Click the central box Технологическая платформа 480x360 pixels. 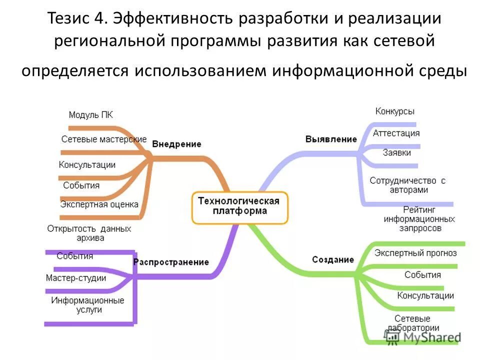click(x=239, y=206)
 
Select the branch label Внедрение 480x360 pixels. click(x=176, y=144)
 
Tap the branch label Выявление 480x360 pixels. click(x=331, y=139)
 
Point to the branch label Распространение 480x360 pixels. click(x=171, y=262)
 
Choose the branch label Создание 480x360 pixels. click(x=333, y=260)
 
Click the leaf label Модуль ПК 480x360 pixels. click(x=91, y=115)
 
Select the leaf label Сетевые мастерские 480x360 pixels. click(x=104, y=139)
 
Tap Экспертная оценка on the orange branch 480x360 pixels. click(x=99, y=204)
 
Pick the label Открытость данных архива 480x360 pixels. click(x=89, y=233)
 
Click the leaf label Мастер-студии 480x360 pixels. click(x=76, y=278)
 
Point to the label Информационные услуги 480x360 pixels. click(x=87, y=305)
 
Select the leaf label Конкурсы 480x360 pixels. click(x=395, y=111)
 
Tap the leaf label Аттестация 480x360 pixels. click(x=396, y=133)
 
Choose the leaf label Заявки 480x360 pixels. click(x=396, y=153)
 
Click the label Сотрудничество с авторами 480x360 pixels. click(x=407, y=185)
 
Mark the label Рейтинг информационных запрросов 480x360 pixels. click(x=419, y=218)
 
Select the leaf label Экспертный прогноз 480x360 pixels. click(x=415, y=253)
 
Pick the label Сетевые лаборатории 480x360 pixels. click(x=416, y=323)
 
